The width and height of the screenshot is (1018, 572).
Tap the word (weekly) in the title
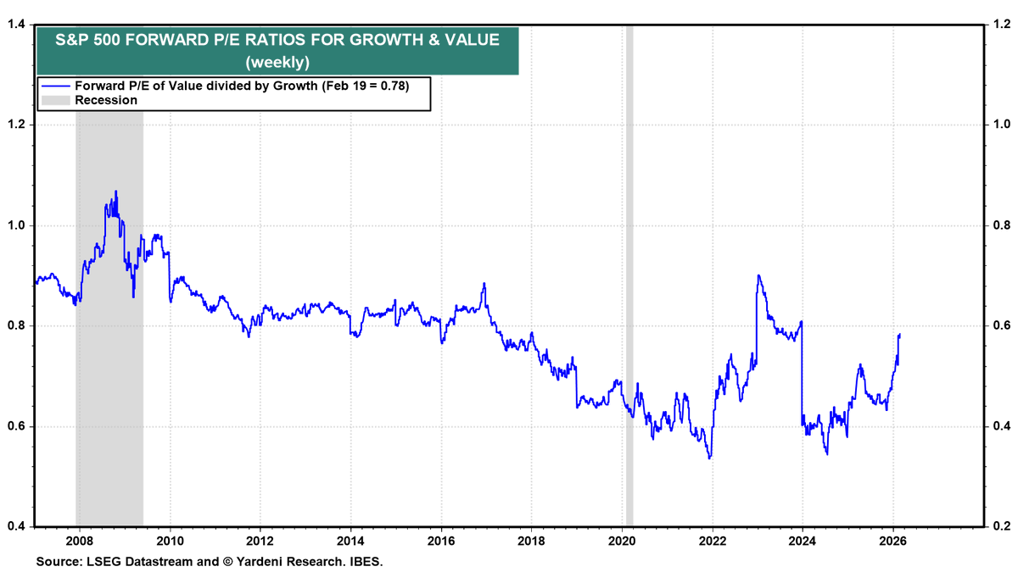(x=277, y=62)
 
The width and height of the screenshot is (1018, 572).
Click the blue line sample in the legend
(x=55, y=85)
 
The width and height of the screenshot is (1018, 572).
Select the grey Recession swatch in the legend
(x=55, y=100)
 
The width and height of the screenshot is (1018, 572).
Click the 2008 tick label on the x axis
(x=79, y=540)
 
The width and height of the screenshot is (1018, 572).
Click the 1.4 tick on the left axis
(x=14, y=25)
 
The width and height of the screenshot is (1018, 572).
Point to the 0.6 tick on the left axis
(x=14, y=426)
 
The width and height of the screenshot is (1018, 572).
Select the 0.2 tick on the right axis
(x=1003, y=526)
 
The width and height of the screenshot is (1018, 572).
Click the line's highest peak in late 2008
(x=115, y=192)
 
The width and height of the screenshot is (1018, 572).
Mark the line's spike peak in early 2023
(x=758, y=275)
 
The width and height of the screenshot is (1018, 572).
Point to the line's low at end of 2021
(x=709, y=458)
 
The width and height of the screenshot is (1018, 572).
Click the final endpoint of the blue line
(x=899, y=335)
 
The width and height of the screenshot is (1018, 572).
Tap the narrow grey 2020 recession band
(x=629, y=254)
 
